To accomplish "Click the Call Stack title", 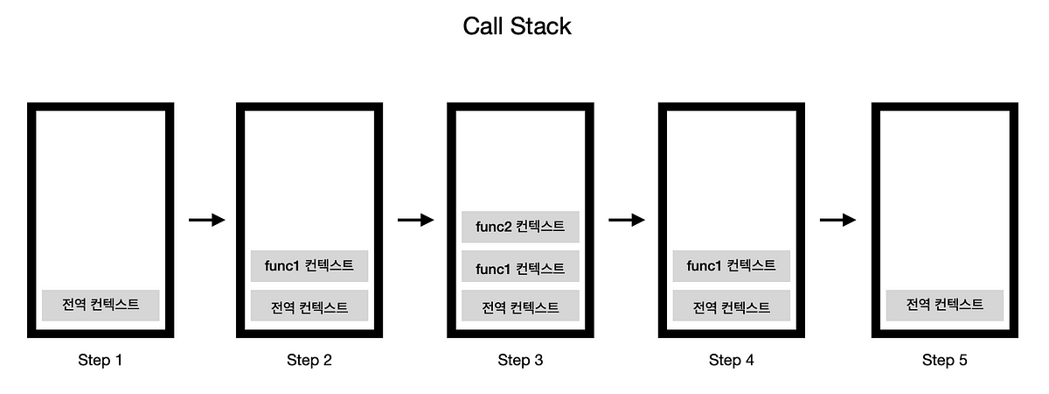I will pos(517,26).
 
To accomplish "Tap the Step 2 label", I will pos(309,360).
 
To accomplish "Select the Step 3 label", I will pos(520,360).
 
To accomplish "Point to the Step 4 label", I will pos(732,360).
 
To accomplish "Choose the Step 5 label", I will pos(944,360).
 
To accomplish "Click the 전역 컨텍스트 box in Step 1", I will pos(101,306).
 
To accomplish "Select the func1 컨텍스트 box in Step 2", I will pos(309,266).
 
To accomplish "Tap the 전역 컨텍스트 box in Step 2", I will pos(309,306).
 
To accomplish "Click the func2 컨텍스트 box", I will pos(520,227).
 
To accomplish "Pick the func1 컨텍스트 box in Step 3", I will pos(520,267).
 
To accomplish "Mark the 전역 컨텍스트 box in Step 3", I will pos(520,306).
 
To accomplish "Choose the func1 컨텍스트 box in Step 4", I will pos(732,266).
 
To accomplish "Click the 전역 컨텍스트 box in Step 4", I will pos(732,306).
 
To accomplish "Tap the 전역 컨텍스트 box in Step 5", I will pos(944,305).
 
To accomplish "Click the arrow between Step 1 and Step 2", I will pos(206,220).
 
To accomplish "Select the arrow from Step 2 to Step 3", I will pos(415,220).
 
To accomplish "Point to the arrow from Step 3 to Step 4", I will pos(626,220).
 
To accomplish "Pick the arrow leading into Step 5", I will pos(837,220).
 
